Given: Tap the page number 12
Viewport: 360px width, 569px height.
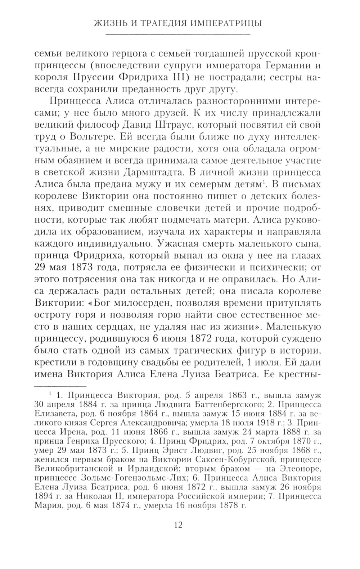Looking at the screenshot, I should [178, 525].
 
